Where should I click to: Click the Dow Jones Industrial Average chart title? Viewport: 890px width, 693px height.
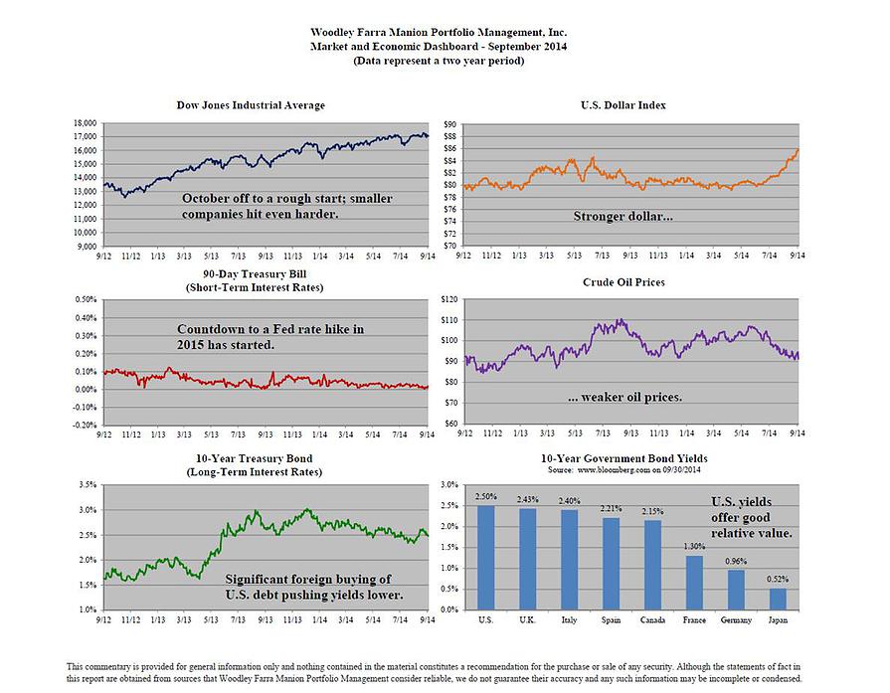265,105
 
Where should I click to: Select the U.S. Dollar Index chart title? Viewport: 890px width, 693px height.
623,105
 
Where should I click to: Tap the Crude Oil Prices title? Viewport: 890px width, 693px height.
623,282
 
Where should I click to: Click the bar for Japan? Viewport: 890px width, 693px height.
778,599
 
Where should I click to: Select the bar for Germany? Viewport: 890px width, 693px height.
736,590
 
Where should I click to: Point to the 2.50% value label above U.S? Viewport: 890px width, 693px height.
485,495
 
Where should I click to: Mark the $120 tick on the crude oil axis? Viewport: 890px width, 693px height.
447,299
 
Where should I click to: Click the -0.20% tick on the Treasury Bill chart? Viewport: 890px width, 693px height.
83,425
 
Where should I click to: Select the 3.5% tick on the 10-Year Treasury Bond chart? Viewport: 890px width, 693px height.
86,485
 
